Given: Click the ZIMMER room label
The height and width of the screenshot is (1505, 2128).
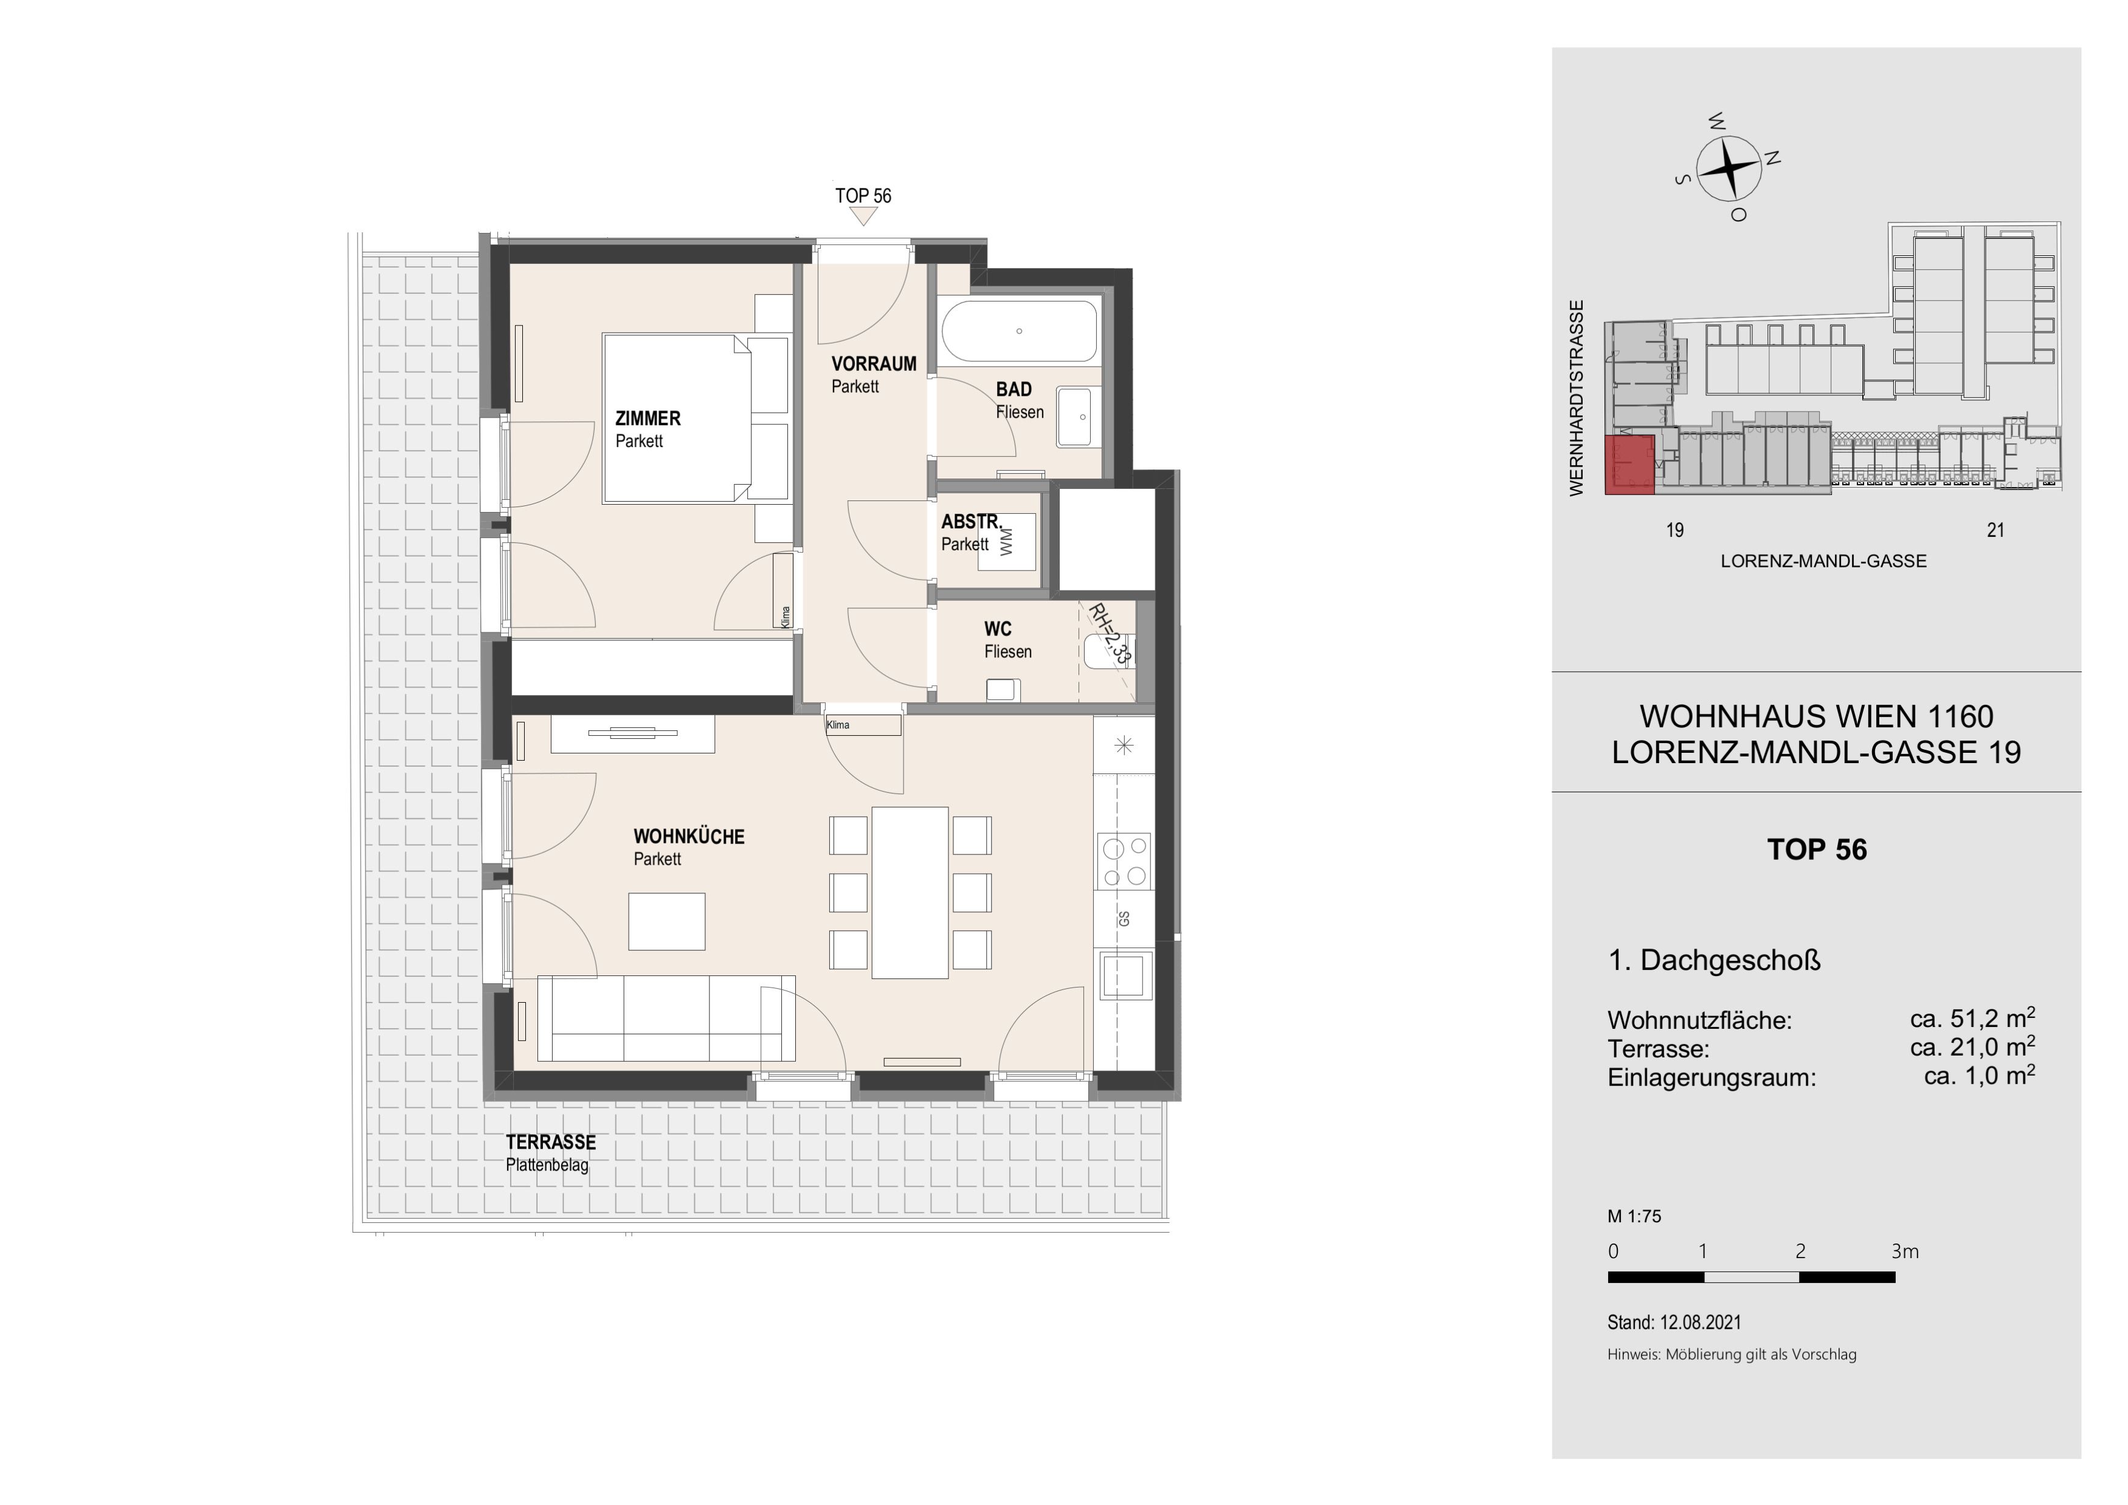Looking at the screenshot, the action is pyautogui.click(x=648, y=419).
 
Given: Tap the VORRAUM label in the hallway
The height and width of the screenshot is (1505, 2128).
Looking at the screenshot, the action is pyautogui.click(x=874, y=364).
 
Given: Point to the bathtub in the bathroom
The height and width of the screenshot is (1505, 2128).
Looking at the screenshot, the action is pyautogui.click(x=1020, y=331).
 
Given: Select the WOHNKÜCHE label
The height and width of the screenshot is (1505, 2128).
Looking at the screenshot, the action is pyautogui.click(x=689, y=837).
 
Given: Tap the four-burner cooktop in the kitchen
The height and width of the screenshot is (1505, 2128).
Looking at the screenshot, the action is pyautogui.click(x=1124, y=862).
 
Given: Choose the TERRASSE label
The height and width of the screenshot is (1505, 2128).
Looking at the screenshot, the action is pyautogui.click(x=550, y=1143).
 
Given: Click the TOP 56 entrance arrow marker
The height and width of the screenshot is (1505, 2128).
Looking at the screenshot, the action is pyautogui.click(x=864, y=216).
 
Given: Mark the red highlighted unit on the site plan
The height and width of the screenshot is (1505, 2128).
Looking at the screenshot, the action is pyautogui.click(x=1629, y=465).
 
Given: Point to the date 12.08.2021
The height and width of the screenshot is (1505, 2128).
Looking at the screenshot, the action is pyautogui.click(x=1701, y=1323).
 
